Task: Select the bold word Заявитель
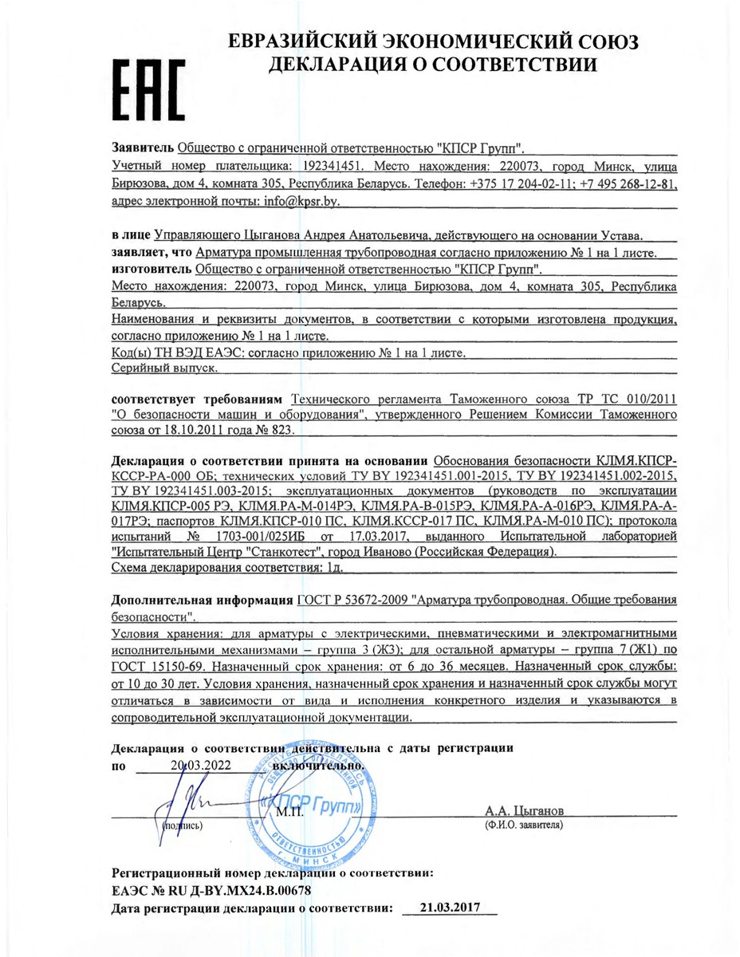(143, 148)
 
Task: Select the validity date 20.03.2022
(200, 765)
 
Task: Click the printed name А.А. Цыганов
(523, 810)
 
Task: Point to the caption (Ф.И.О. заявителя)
(523, 825)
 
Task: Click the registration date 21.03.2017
(449, 907)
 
